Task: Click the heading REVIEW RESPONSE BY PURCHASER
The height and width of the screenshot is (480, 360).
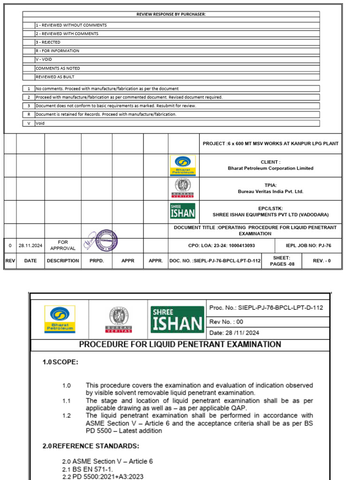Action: pyautogui.click(x=171, y=15)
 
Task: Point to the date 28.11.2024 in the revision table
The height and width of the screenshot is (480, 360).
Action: pyautogui.click(x=30, y=245)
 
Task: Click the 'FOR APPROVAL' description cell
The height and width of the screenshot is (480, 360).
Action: pyautogui.click(x=63, y=245)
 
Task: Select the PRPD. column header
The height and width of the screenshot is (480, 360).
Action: pyautogui.click(x=97, y=261)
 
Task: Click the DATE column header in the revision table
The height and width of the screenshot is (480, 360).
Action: pyautogui.click(x=30, y=261)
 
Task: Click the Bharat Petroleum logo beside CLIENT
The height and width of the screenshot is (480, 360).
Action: pyautogui.click(x=182, y=165)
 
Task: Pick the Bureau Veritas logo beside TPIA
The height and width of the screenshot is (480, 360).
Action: pyautogui.click(x=182, y=188)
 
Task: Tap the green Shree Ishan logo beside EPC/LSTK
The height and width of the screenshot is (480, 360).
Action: pyautogui.click(x=182, y=211)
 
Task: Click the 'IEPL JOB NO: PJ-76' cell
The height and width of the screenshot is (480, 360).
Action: pyautogui.click(x=308, y=245)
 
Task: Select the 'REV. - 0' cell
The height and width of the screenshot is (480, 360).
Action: pyautogui.click(x=322, y=261)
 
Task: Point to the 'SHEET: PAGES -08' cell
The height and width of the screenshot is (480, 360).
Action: pyautogui.click(x=281, y=261)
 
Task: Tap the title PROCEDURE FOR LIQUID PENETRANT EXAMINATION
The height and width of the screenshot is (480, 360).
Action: pyautogui.click(x=180, y=345)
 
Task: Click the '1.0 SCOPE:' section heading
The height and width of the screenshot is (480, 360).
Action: pyautogui.click(x=61, y=362)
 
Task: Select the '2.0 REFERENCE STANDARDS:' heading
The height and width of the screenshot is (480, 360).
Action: pyautogui.click(x=91, y=446)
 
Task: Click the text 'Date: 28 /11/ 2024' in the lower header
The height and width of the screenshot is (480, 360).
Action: pyautogui.click(x=234, y=333)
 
